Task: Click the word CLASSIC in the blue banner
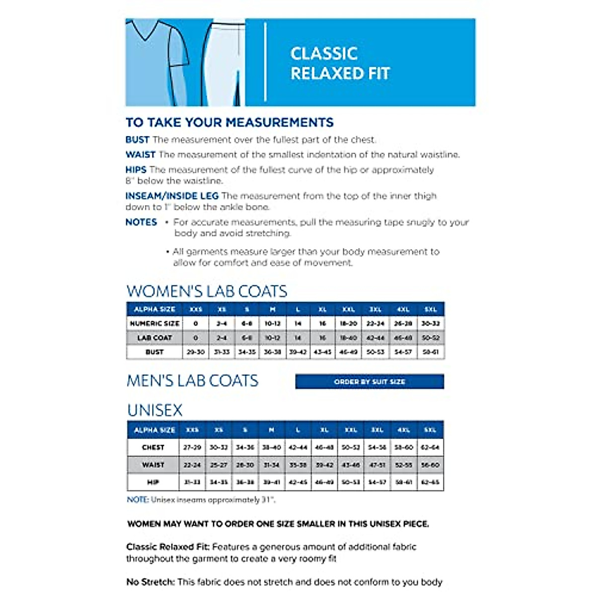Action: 324,54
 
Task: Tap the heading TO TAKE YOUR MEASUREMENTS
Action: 229,122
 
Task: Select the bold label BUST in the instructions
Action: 137,140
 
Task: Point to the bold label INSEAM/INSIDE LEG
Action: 172,196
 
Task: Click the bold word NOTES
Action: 141,222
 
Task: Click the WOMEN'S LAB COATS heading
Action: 207,291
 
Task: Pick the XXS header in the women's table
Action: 196,309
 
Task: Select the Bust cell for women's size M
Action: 272,352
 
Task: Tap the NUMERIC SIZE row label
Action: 154,323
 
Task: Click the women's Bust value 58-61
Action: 430,352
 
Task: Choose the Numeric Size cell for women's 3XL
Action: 375,323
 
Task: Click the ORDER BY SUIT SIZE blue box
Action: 370,381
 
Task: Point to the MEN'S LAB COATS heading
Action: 192,381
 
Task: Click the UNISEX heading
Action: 155,410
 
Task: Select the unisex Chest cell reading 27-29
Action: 192,447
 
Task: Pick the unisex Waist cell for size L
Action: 298,465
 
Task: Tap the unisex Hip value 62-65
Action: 430,482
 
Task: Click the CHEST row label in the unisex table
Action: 153,447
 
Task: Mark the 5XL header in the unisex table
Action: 430,430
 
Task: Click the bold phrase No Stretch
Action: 150,582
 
